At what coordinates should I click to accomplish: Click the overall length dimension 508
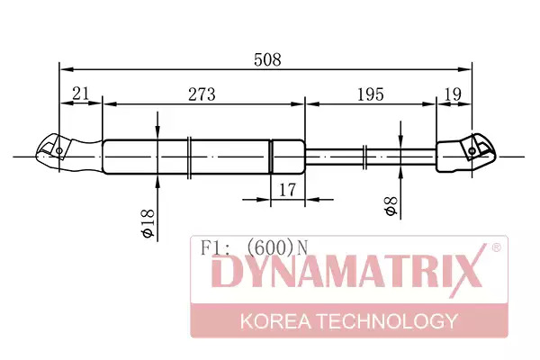pyautogui.click(x=267, y=60)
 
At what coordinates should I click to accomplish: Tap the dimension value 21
pyautogui.click(x=81, y=94)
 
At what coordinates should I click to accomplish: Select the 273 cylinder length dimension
pyautogui.click(x=202, y=94)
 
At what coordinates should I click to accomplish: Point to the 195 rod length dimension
pyautogui.click(x=371, y=94)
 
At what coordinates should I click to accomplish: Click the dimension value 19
pyautogui.click(x=453, y=94)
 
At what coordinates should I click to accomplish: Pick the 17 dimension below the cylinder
pyautogui.click(x=287, y=190)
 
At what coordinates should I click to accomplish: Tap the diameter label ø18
pyautogui.click(x=148, y=223)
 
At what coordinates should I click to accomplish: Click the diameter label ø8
pyautogui.click(x=391, y=206)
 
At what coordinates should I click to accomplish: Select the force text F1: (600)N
pyautogui.click(x=254, y=247)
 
